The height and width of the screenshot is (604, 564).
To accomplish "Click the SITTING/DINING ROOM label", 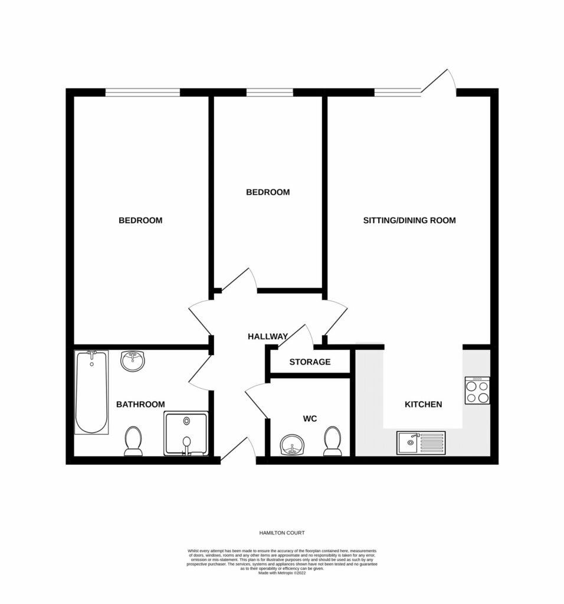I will (409, 221).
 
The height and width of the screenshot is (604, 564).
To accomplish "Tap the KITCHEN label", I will (423, 405).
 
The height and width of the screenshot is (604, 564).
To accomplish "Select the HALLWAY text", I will (267, 336).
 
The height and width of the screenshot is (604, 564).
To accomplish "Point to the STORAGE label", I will (310, 362).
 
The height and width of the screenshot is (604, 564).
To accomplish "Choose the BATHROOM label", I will (140, 404).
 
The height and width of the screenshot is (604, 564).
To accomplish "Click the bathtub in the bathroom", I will (92, 392).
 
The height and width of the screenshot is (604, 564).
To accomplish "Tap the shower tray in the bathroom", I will (186, 434).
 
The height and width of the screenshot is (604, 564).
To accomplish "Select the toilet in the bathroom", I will (133, 442).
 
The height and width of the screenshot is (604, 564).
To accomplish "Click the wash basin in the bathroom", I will (133, 360).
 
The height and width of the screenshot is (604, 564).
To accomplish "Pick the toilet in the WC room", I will (333, 441).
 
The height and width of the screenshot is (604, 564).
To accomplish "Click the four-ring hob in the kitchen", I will (477, 390).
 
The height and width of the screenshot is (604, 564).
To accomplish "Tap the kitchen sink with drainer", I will (422, 442).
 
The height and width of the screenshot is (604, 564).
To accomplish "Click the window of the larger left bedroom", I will (142, 92).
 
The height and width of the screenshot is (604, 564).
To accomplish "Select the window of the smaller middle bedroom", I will (270, 92).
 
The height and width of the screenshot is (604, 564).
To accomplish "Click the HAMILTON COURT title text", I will (281, 533).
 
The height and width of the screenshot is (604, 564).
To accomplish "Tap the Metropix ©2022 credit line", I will (281, 573).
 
